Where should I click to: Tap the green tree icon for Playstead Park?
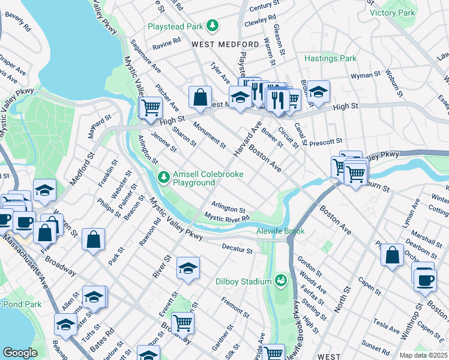click(212, 25)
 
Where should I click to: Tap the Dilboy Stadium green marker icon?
click(280, 280)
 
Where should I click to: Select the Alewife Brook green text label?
click(280, 231)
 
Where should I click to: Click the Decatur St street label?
click(237, 249)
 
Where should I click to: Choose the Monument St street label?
click(209, 135)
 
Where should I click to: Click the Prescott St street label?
click(327, 142)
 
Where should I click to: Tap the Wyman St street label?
click(366, 76)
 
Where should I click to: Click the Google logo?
click(20, 353)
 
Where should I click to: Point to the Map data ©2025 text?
click(423, 355)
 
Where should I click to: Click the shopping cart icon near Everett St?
click(183, 323)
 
